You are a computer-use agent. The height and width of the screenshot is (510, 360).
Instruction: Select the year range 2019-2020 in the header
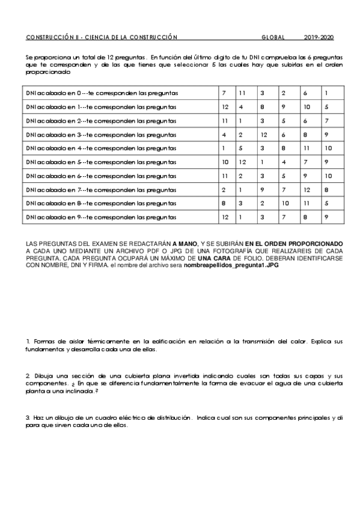tap(319, 37)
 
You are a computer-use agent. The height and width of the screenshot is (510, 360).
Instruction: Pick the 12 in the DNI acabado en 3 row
tap(263, 135)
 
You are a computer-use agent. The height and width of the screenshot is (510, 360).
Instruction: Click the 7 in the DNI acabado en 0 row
tap(224, 93)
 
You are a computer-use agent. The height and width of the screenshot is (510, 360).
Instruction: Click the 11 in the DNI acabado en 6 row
tap(225, 176)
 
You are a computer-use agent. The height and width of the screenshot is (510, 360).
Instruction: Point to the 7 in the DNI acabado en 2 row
tap(326, 121)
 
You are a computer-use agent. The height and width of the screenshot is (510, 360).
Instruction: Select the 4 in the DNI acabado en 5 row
tap(283, 162)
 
